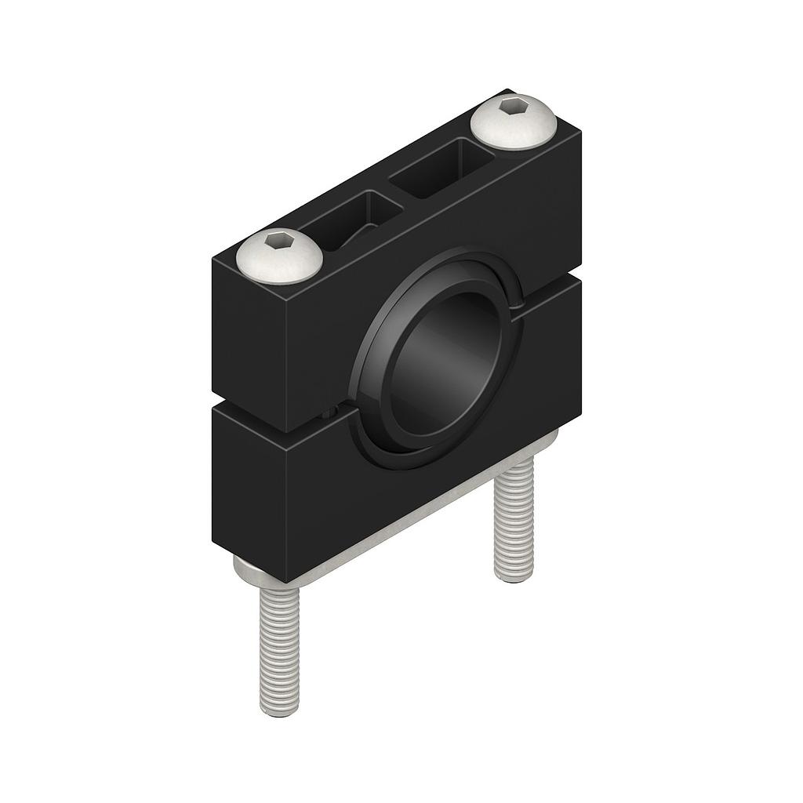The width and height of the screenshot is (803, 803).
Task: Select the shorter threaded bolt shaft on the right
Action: click(x=514, y=521)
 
